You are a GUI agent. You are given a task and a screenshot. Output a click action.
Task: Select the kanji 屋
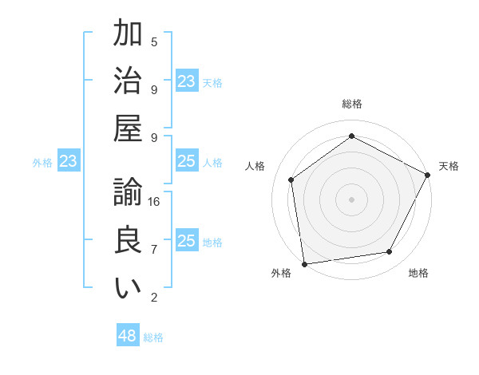[128, 128]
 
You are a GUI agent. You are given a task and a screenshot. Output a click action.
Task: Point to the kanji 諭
[128, 193]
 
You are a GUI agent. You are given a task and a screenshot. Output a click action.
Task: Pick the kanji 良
[128, 240]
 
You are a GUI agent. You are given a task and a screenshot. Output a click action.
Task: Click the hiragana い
[128, 288]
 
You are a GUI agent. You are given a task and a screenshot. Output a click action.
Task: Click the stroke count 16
[155, 202]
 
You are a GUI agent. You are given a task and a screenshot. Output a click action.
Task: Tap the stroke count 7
[154, 250]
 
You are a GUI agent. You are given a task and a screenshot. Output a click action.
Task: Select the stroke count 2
[154, 298]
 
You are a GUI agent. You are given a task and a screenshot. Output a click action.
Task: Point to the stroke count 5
[154, 41]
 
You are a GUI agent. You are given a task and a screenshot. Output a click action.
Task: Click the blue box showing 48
[128, 336]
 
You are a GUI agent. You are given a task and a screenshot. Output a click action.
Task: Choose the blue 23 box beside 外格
[69, 162]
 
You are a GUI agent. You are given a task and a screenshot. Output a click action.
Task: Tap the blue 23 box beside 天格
[187, 81]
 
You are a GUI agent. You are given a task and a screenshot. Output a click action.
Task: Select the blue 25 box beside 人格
[187, 162]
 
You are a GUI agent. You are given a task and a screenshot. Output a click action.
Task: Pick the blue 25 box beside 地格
[187, 241]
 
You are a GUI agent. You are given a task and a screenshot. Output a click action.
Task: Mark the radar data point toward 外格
[304, 263]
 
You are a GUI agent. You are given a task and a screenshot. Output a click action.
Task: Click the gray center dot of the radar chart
[351, 199]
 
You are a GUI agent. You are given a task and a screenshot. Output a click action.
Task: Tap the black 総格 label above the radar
[351, 104]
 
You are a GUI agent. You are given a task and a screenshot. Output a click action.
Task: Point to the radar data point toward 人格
[291, 180]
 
